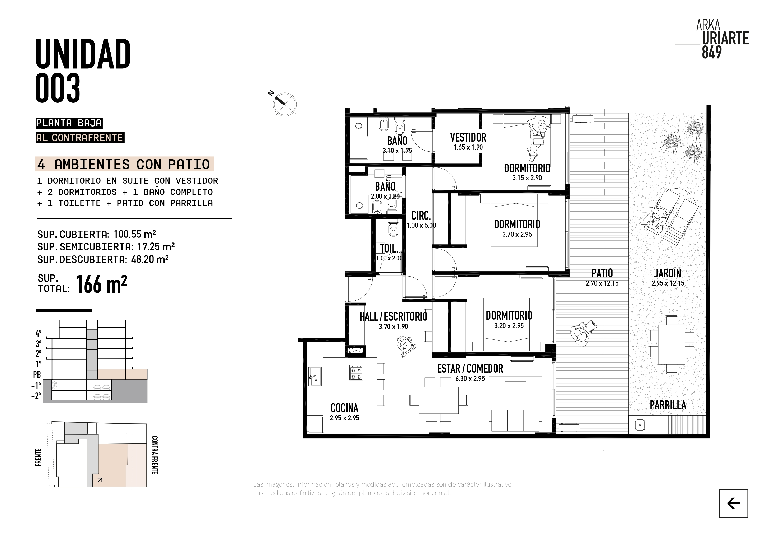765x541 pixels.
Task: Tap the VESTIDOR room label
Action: [468, 137]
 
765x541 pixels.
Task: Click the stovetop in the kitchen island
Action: [356, 373]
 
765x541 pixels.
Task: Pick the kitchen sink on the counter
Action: [315, 376]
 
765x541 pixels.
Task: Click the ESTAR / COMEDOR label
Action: [470, 369]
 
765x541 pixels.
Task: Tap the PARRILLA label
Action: [668, 405]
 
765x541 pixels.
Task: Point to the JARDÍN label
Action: [668, 273]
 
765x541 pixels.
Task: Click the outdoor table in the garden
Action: [671, 344]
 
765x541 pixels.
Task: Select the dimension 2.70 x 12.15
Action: [602, 283]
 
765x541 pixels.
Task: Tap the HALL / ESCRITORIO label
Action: [393, 316]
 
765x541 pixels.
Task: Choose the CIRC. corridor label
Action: [421, 216]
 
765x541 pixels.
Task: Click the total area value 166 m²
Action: [101, 284]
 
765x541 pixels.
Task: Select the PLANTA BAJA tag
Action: [69, 123]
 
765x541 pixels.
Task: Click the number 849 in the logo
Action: [712, 52]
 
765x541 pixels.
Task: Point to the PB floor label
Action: [37, 375]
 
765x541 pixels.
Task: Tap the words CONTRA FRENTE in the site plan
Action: [154, 455]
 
